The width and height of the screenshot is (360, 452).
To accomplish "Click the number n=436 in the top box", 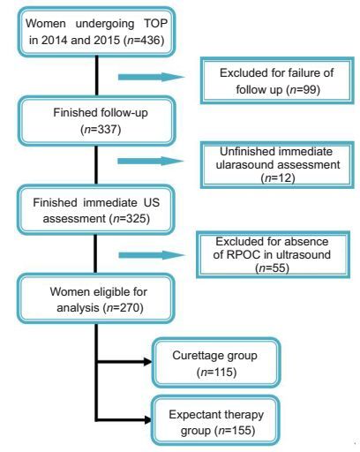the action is (x=145, y=40).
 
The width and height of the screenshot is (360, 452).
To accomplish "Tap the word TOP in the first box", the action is (x=155, y=23).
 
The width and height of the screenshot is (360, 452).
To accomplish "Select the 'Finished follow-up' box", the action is (x=97, y=121).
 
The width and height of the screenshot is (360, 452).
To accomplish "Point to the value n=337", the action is (x=101, y=129).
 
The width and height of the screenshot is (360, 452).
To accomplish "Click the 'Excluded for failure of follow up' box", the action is (x=277, y=80).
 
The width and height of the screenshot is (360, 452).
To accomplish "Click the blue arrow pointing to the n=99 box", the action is (x=151, y=77).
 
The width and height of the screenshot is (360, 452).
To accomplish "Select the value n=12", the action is (x=278, y=177).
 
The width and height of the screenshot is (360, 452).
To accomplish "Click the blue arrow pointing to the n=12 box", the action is (x=150, y=161).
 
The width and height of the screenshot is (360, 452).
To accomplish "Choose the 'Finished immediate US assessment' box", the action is (x=96, y=210).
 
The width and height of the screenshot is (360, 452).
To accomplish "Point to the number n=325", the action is (x=130, y=219).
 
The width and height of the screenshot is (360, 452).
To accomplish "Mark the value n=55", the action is (x=273, y=267).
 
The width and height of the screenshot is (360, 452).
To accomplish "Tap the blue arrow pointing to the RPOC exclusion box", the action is (x=152, y=255).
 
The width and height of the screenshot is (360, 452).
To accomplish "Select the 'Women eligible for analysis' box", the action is (x=96, y=298).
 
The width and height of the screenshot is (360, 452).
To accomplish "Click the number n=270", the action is (x=123, y=308).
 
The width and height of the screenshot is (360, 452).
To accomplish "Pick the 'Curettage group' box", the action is (x=216, y=362).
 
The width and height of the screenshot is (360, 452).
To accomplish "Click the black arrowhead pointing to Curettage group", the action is (x=147, y=362).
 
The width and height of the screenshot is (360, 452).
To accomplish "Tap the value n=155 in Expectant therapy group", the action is (x=236, y=431).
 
